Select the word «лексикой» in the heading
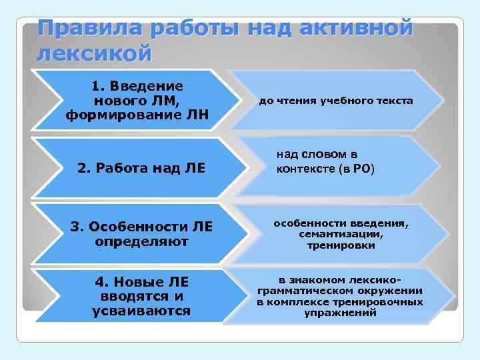(95, 53)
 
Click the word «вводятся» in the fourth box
(126, 296)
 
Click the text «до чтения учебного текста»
(336, 101)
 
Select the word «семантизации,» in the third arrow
(341, 235)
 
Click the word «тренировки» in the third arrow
(341, 245)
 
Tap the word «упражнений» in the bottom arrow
(341, 312)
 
